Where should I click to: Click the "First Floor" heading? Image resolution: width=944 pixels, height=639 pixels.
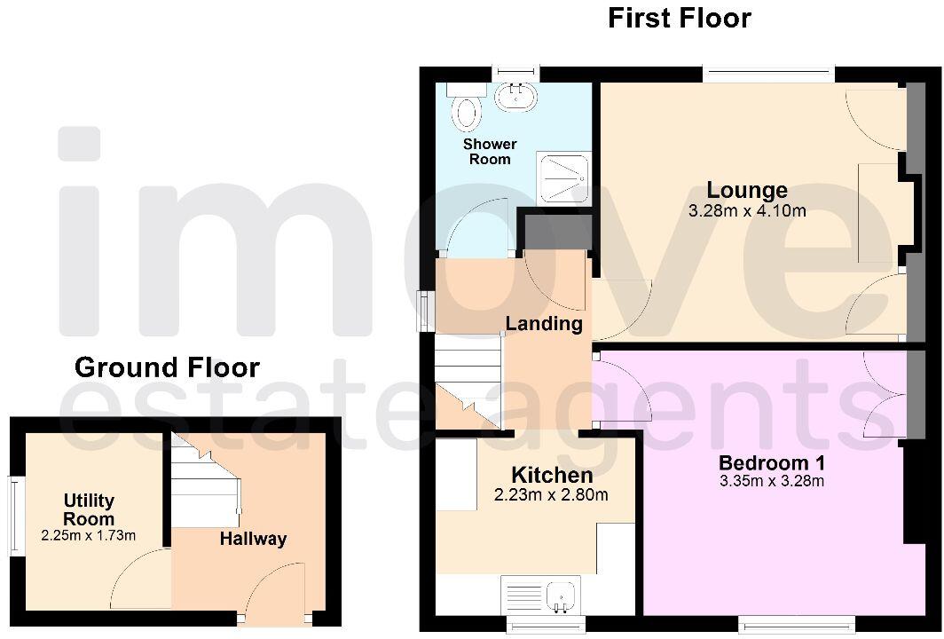679,18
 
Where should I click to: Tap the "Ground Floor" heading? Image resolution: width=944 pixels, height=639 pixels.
167,367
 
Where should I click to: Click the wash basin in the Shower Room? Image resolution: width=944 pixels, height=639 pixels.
514,97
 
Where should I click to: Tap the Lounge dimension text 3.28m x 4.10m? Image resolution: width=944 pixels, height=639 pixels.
747,211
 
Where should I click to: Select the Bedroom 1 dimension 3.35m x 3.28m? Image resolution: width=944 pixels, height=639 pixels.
772,482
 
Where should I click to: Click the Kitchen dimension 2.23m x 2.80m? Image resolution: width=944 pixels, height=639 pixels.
551,495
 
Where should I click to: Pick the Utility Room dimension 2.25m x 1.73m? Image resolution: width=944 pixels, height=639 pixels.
89,535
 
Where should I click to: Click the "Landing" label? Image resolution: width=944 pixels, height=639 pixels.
544,323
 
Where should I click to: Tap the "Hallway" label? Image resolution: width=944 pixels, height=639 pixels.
253,539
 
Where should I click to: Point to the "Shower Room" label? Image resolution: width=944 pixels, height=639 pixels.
490,151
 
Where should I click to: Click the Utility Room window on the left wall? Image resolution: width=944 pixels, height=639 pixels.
14,517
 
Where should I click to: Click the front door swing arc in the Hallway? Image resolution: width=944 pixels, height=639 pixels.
275,589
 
